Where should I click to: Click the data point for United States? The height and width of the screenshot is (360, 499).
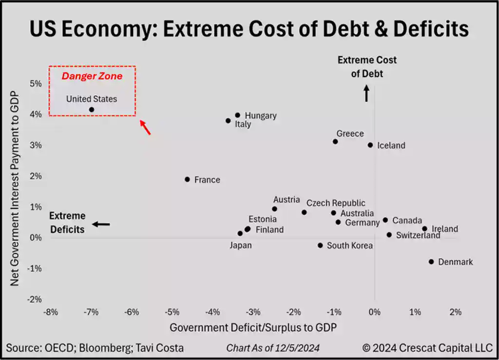pyautogui.click(x=92, y=110)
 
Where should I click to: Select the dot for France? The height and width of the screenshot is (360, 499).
pyautogui.click(x=187, y=179)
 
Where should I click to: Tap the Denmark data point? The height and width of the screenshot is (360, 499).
pyautogui.click(x=431, y=262)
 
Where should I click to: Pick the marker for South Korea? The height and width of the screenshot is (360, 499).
pyautogui.click(x=320, y=246)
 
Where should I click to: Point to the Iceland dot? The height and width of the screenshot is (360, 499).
pyautogui.click(x=370, y=145)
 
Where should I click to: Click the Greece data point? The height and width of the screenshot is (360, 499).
pyautogui.click(x=335, y=142)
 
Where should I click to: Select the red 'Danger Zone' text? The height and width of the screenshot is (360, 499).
pyautogui.click(x=92, y=76)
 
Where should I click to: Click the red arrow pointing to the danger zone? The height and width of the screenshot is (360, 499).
pyautogui.click(x=145, y=127)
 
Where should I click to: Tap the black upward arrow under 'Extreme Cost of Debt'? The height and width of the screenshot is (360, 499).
pyautogui.click(x=366, y=94)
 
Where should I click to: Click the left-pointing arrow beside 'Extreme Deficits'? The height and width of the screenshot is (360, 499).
pyautogui.click(x=101, y=224)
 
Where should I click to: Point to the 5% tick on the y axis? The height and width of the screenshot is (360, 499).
pyautogui.click(x=36, y=83)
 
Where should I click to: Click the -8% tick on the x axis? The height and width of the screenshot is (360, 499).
pyautogui.click(x=51, y=312)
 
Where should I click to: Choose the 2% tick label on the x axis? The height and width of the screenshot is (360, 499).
pyautogui.click(x=455, y=312)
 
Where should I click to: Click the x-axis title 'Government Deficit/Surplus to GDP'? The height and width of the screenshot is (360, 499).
pyautogui.click(x=253, y=327)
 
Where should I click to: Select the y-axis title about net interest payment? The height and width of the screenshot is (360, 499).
pyautogui.click(x=15, y=188)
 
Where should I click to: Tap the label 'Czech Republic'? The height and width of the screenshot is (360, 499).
pyautogui.click(x=336, y=203)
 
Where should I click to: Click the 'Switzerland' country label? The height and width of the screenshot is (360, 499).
pyautogui.click(x=418, y=235)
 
